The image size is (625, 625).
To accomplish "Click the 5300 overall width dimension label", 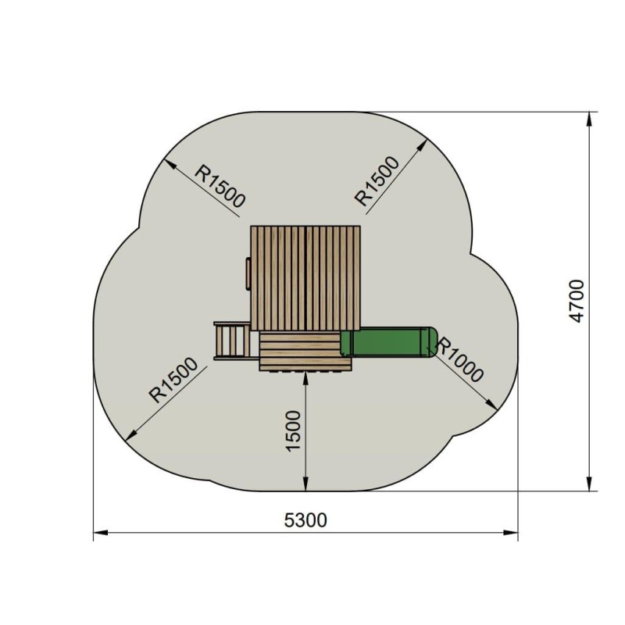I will pos(306,520).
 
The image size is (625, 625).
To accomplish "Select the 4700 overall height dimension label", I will pos(577,301).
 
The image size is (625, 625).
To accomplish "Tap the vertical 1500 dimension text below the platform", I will pos(293,430).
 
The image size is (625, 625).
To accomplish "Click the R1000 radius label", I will pos(460,360).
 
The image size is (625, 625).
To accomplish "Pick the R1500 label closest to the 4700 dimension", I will pos(377,181).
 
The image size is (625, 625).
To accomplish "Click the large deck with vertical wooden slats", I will pos(305,278).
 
